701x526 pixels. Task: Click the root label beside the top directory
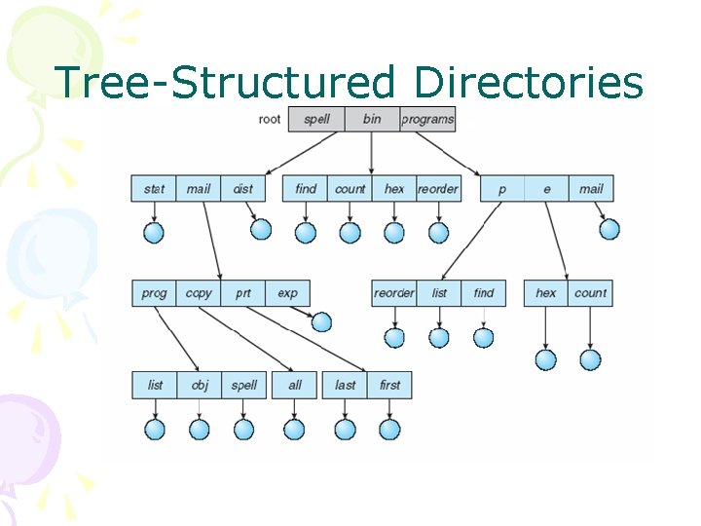click(270, 120)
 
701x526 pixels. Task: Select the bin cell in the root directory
click(372, 119)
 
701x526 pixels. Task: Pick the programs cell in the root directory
click(427, 119)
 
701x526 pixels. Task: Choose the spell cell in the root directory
click(316, 119)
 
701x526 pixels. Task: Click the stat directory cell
click(154, 189)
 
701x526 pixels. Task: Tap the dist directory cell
click(243, 189)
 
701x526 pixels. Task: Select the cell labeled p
click(502, 189)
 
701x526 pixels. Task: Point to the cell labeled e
click(547, 189)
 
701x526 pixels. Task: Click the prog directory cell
click(154, 293)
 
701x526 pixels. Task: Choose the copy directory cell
click(199, 293)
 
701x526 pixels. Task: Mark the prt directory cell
click(243, 293)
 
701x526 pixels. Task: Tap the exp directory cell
click(288, 293)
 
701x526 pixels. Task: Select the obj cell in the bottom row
click(200, 385)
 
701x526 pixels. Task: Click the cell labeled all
click(295, 385)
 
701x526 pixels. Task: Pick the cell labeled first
click(390, 385)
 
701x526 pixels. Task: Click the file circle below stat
click(154, 233)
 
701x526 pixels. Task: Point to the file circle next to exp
click(321, 322)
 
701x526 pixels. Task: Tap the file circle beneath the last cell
click(346, 430)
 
